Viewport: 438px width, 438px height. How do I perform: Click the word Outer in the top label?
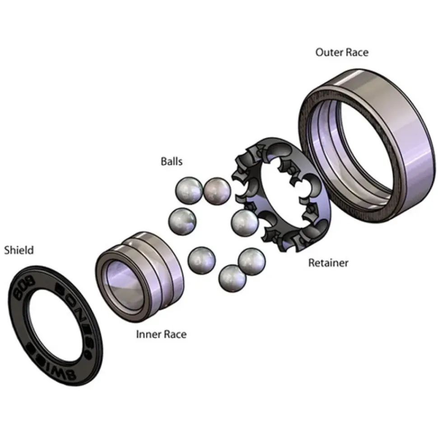coord(329,52)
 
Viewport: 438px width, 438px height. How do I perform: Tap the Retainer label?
coord(328,263)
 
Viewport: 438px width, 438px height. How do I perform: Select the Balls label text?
coord(172,161)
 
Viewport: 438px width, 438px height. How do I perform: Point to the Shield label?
coord(19,250)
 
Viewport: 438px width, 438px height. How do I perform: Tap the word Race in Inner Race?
coord(175,334)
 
